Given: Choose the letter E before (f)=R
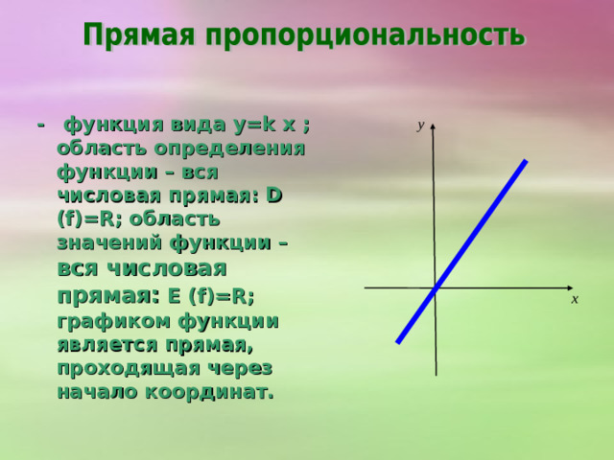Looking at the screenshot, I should pyautogui.click(x=176, y=295).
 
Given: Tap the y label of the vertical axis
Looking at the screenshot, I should pyautogui.click(x=420, y=125).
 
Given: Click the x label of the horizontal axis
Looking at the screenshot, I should pyautogui.click(x=574, y=300).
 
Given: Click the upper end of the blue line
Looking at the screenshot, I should pyautogui.click(x=525, y=162).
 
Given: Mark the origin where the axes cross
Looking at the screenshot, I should pyautogui.click(x=436, y=287).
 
